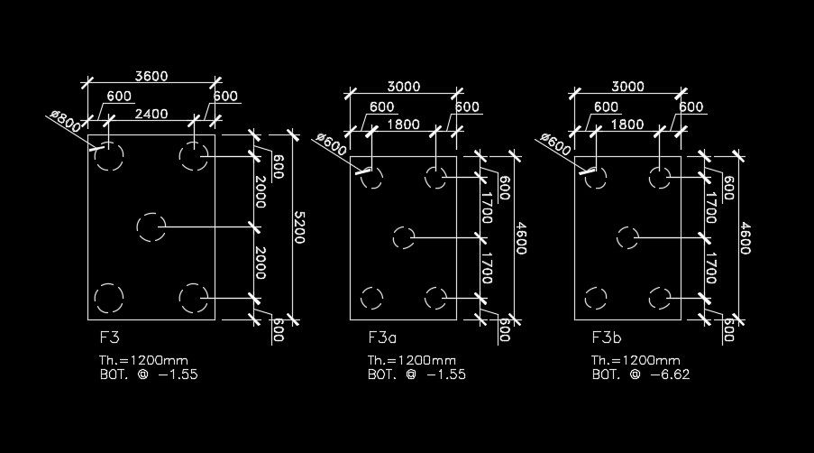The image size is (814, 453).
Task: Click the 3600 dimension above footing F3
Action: click(x=151, y=76)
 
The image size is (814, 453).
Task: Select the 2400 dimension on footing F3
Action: click(x=151, y=115)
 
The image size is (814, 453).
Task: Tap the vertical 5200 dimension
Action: click(x=300, y=226)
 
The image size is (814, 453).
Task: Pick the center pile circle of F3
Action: click(x=150, y=226)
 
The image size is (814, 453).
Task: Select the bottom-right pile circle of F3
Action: click(x=193, y=297)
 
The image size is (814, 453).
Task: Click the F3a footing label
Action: click(x=382, y=338)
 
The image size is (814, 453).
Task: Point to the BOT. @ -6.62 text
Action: click(x=641, y=374)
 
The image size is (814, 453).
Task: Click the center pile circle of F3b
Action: click(x=628, y=237)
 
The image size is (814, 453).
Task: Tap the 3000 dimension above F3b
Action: click(x=628, y=87)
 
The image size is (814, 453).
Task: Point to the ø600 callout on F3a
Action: click(x=332, y=143)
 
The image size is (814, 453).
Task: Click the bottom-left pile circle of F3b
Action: click(x=596, y=297)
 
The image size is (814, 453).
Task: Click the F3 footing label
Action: click(x=111, y=338)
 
